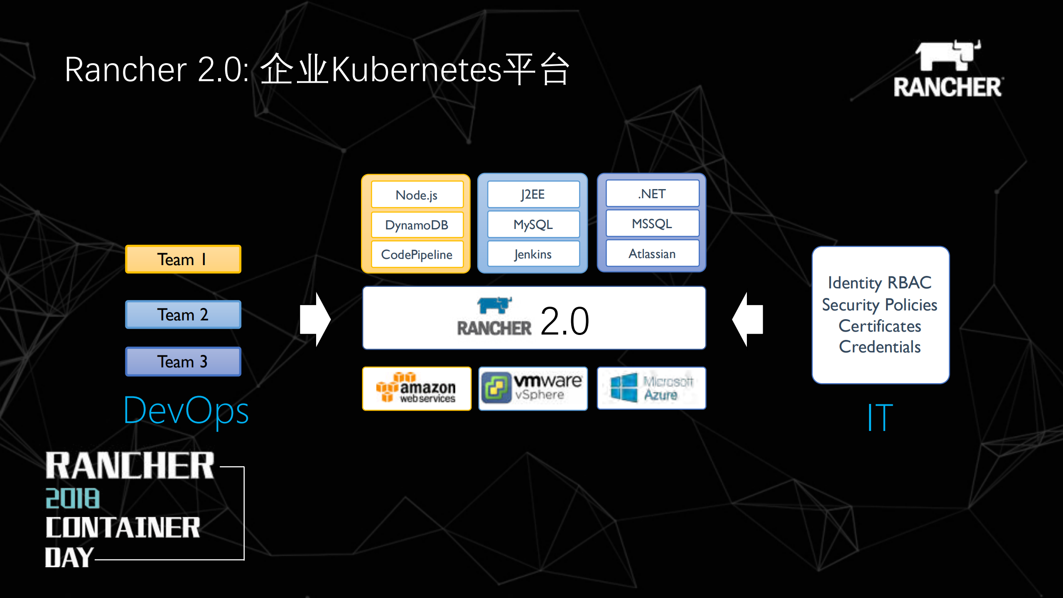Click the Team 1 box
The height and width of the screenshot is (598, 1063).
[x=183, y=259]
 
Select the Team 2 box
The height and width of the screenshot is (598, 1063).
[x=183, y=315]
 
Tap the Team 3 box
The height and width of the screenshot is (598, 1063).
[x=183, y=362]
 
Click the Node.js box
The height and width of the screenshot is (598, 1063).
[x=417, y=195]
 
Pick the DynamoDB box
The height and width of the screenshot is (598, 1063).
[x=417, y=225]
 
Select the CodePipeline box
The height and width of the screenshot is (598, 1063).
[x=417, y=254]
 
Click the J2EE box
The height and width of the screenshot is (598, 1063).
[x=533, y=194]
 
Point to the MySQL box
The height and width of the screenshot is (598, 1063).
[x=533, y=224]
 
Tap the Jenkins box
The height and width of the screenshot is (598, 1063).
[x=533, y=254]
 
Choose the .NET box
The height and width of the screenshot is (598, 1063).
[x=652, y=194]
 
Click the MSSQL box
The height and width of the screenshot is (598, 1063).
[x=652, y=224]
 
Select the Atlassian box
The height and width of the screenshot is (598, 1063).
[x=652, y=253]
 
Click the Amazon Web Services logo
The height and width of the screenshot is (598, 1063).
[x=417, y=389]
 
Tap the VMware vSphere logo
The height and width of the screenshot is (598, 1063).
[x=533, y=389]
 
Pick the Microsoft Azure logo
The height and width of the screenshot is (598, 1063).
[x=651, y=388]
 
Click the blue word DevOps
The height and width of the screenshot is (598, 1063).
[x=186, y=411]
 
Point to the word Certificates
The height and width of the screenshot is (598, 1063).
[x=880, y=326]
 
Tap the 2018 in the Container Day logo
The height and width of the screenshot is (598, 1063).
[x=73, y=498]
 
